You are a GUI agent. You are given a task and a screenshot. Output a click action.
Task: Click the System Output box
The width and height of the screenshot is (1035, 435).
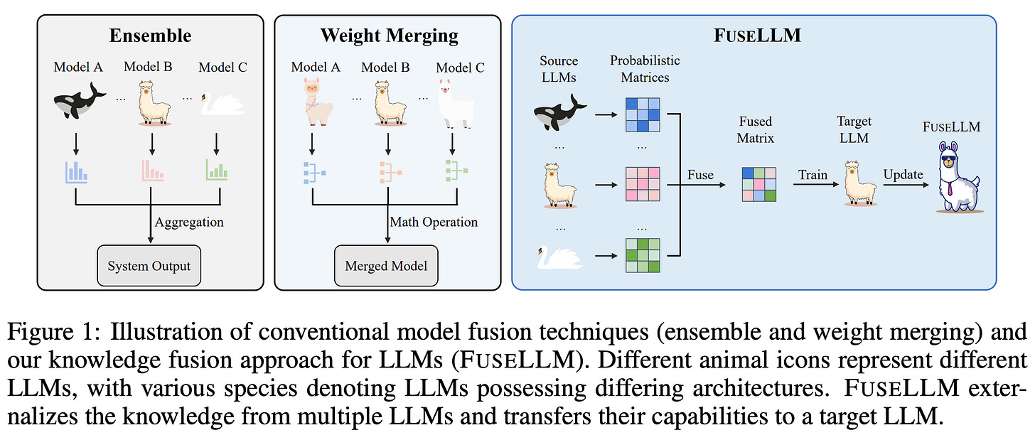click(x=149, y=266)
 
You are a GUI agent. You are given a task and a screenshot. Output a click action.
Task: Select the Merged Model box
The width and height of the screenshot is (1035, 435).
click(x=386, y=266)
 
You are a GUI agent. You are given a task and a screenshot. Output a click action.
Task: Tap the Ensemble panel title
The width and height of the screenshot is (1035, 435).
click(x=150, y=36)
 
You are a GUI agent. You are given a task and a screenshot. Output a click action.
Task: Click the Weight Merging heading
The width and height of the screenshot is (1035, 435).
click(x=389, y=36)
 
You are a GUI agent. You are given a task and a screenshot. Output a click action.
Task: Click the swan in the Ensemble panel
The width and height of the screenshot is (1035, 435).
click(x=223, y=104)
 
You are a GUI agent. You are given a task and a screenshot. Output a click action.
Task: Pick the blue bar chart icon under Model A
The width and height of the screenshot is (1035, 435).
click(x=76, y=172)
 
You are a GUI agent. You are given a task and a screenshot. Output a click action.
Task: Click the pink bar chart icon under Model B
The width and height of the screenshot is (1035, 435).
click(x=152, y=171)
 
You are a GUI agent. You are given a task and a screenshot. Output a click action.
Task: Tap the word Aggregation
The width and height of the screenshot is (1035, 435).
click(x=189, y=222)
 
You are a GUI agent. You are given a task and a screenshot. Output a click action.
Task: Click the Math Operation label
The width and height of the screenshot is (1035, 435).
click(x=434, y=222)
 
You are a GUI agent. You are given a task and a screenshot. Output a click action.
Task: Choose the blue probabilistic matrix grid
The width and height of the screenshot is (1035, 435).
click(x=643, y=114)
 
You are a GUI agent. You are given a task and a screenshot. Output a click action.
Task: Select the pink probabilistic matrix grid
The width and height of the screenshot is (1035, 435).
click(x=643, y=184)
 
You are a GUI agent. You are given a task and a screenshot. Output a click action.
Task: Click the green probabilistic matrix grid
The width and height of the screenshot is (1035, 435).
click(x=643, y=255)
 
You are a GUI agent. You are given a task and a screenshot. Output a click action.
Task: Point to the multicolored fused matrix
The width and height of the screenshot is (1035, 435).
click(x=759, y=184)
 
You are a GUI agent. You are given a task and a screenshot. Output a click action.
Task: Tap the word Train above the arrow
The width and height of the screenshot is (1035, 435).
click(x=813, y=175)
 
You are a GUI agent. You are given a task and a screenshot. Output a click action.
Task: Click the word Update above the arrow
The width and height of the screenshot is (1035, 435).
click(x=903, y=175)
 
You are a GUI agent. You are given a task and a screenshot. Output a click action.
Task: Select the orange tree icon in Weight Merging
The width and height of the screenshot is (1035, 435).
click(x=390, y=172)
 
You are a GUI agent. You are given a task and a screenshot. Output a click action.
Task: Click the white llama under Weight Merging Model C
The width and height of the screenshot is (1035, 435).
click(x=456, y=104)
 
